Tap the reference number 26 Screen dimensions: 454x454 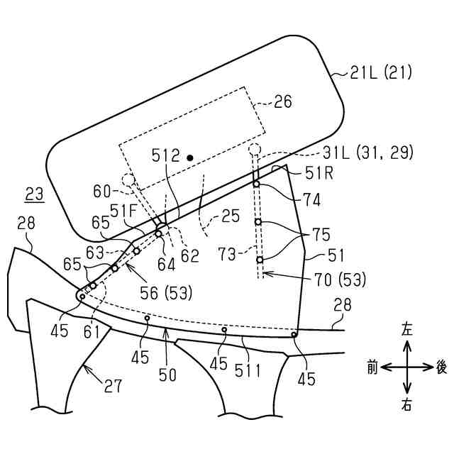[282, 102]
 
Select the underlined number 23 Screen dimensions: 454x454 [34, 193]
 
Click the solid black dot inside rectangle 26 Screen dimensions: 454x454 [189, 157]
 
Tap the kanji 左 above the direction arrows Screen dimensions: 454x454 [407, 329]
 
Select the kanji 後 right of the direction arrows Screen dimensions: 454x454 [441, 367]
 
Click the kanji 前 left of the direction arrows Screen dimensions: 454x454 [372, 367]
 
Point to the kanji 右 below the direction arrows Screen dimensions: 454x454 [407, 406]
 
